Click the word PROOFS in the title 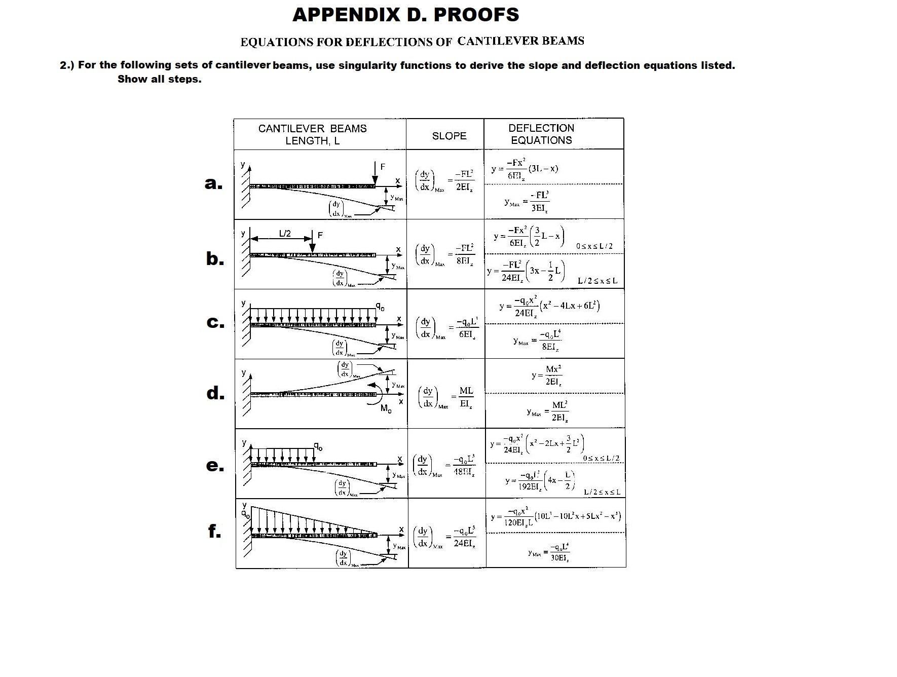[x=476, y=15]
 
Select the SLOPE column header [x=449, y=136]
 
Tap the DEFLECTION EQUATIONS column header [x=541, y=134]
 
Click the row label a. [x=213, y=183]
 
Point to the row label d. [x=215, y=393]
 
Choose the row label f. [x=214, y=531]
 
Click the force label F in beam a [x=383, y=167]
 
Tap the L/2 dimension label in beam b [x=285, y=234]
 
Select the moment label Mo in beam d [x=386, y=408]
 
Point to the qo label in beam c [x=380, y=307]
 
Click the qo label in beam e [x=318, y=446]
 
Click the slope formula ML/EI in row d [x=466, y=397]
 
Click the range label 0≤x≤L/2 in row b [x=594, y=246]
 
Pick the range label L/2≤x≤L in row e [x=602, y=492]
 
